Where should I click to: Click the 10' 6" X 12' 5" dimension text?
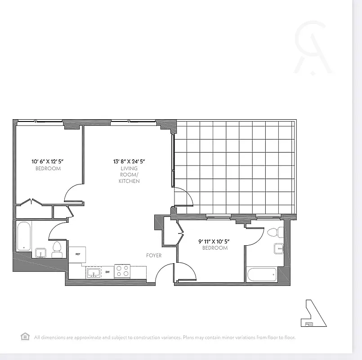pyautogui.click(x=48, y=161)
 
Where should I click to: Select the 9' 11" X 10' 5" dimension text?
pyautogui.click(x=215, y=241)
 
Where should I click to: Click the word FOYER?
pyautogui.click(x=154, y=256)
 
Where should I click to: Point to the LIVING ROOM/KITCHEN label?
pyautogui.click(x=129, y=175)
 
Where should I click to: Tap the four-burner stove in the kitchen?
pyautogui.click(x=122, y=271)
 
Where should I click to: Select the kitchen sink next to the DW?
pyautogui.click(x=94, y=272)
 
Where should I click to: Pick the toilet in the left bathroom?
pyautogui.click(x=57, y=249)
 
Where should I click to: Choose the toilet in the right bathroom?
pyautogui.click(x=274, y=233)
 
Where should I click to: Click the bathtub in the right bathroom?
pyautogui.click(x=262, y=274)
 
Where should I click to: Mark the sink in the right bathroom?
pyautogui.click(x=279, y=248)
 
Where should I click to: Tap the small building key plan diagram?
pyautogui.click(x=313, y=313)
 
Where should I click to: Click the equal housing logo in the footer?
pyautogui.click(x=25, y=337)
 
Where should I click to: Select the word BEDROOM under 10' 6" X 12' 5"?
pyautogui.click(x=48, y=169)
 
